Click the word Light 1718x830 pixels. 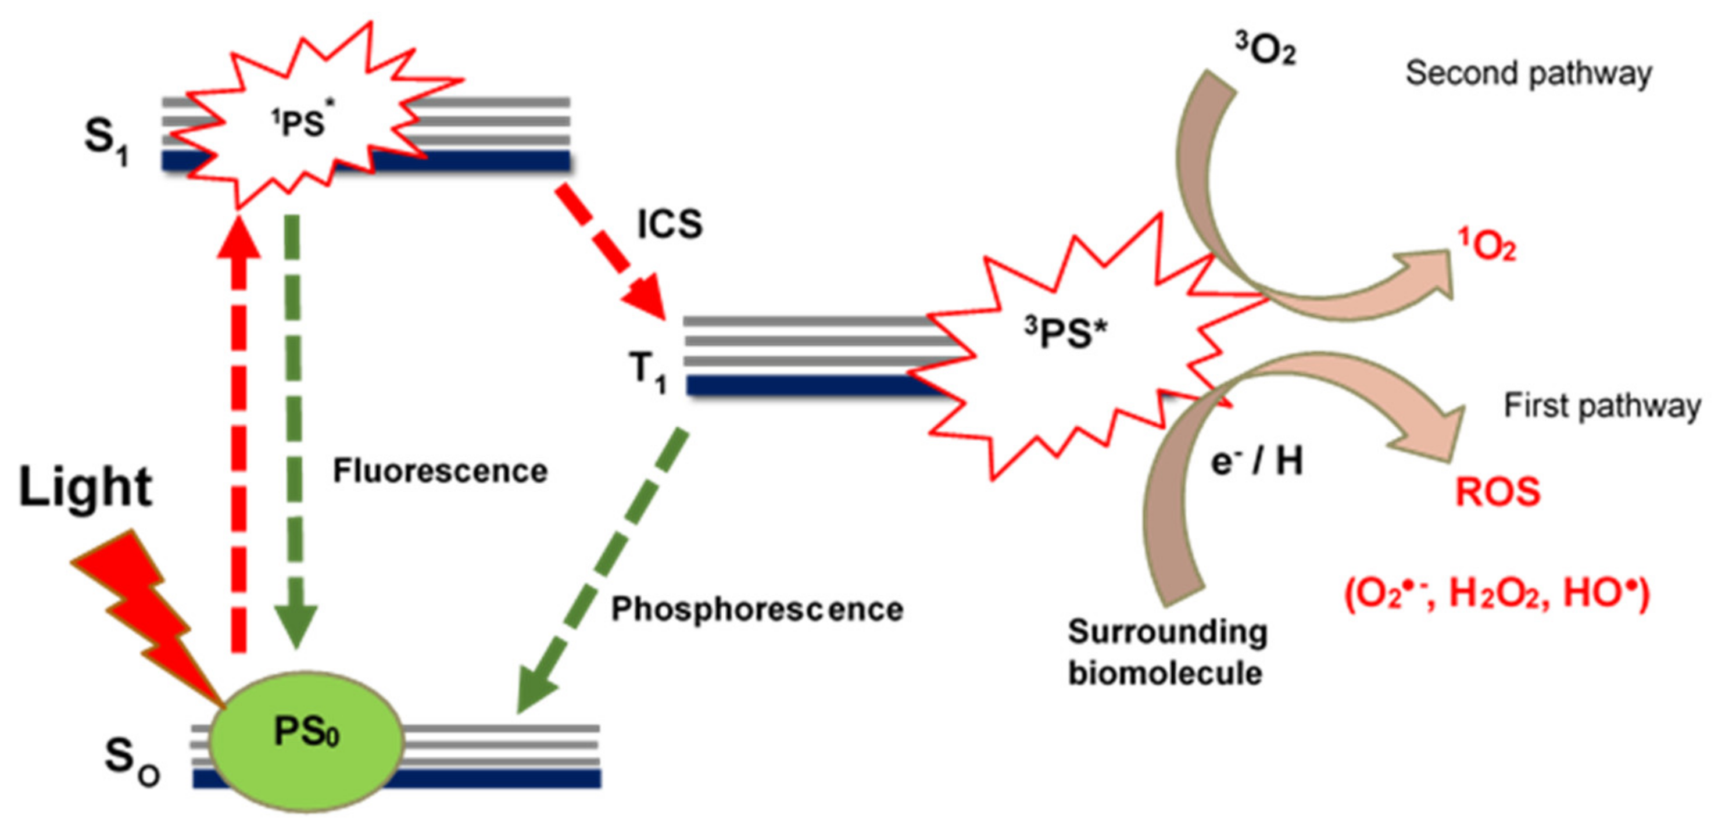(x=85, y=488)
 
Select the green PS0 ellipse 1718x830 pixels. (x=307, y=736)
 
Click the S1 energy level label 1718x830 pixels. (x=105, y=141)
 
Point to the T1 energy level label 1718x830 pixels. (x=647, y=371)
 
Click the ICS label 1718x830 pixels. (x=669, y=224)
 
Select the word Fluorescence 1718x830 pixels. (x=440, y=471)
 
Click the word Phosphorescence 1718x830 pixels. (x=757, y=609)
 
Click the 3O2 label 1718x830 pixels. (x=1265, y=50)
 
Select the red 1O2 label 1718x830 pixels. (x=1486, y=247)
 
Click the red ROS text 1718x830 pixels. (x=1497, y=492)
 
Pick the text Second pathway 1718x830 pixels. (x=1528, y=73)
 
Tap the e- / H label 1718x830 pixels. (x=1257, y=461)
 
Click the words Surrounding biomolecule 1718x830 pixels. (x=1167, y=652)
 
